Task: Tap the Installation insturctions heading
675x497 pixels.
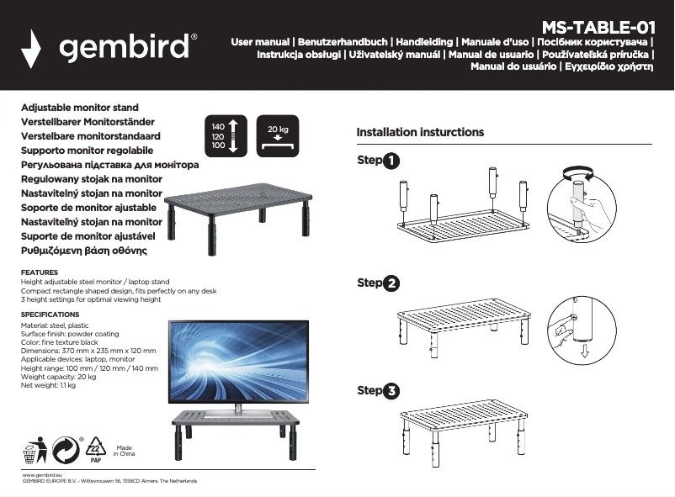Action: pos(420,132)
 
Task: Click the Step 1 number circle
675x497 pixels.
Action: pos(391,161)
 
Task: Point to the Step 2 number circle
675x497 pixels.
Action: pos(391,283)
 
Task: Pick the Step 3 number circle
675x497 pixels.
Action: pos(391,391)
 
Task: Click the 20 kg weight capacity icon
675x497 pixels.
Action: pos(278,135)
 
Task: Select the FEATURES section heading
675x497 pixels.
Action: pos(39,272)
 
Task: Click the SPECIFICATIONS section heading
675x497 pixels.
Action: pos(49,315)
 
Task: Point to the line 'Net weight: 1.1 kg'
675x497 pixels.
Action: pos(48,386)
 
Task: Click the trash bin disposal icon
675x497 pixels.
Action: pos(35,451)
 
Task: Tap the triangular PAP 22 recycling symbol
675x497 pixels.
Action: pos(94,451)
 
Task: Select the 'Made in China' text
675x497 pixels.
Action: pos(124,451)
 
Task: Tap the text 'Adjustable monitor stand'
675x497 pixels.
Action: pos(79,108)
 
